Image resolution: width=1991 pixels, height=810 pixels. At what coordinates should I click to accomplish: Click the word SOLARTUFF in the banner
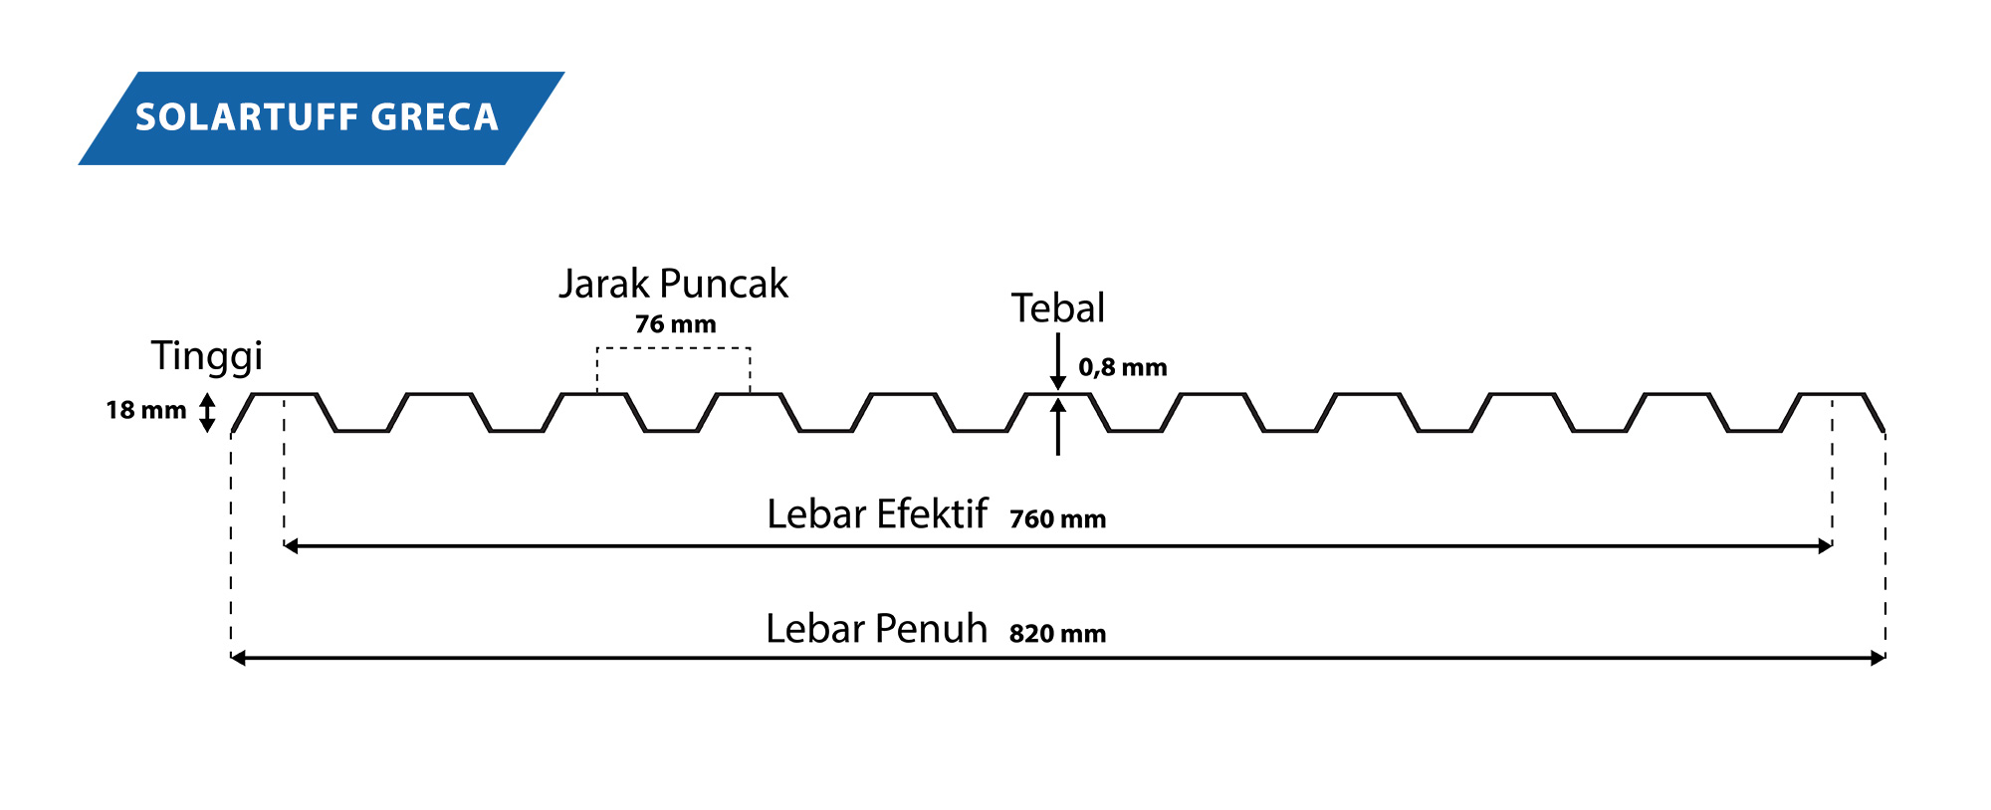tap(246, 117)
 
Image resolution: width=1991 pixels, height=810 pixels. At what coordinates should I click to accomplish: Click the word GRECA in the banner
tap(434, 117)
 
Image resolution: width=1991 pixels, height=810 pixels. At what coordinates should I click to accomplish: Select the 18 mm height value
tap(146, 410)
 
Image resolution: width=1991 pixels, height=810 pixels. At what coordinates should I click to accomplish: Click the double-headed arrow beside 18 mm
tap(207, 413)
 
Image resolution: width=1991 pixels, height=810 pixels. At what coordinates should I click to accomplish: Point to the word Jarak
tap(603, 284)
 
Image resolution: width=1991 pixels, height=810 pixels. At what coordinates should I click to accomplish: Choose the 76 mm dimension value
tap(675, 324)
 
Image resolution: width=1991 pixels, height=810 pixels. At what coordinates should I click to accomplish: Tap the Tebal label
tap(1058, 308)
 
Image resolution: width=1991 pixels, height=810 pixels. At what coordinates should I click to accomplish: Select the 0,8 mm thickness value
tap(1123, 367)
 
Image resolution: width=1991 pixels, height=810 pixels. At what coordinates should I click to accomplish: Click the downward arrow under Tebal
tap(1058, 361)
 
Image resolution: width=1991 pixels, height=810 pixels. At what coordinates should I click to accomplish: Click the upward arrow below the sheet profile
tap(1058, 427)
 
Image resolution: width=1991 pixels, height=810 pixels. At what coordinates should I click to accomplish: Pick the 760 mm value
tap(1057, 519)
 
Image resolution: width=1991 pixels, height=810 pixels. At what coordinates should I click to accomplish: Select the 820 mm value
tap(1057, 634)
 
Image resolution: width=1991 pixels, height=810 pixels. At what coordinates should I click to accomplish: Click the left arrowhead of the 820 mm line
tap(238, 658)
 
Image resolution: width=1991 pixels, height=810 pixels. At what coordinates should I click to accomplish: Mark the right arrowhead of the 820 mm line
tap(1879, 658)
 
